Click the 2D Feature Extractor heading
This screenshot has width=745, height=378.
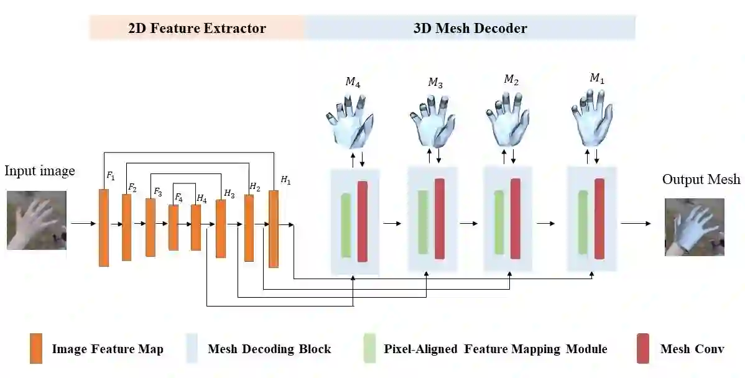tap(197, 29)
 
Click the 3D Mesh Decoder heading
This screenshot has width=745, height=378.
tap(470, 29)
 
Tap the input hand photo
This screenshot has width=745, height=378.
tap(37, 220)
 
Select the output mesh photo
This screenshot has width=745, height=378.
tap(694, 227)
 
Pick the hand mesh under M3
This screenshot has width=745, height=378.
tap(432, 120)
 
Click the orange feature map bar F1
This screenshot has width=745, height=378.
tap(104, 227)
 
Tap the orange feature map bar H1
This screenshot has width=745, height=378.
tap(273, 229)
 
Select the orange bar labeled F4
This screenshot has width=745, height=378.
tap(174, 228)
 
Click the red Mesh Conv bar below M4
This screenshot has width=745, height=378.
tap(362, 221)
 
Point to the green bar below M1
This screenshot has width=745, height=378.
tap(583, 223)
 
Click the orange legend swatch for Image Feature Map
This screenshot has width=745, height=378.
tap(35, 348)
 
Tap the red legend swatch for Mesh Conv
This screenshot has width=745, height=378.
tap(643, 348)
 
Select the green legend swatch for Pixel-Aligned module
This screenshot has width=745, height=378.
tap(369, 348)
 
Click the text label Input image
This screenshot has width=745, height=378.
tap(40, 171)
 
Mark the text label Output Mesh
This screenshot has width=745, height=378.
tap(701, 180)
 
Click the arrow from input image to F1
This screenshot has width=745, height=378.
tap(83, 223)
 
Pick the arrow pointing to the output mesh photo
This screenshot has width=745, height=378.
tap(636, 223)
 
